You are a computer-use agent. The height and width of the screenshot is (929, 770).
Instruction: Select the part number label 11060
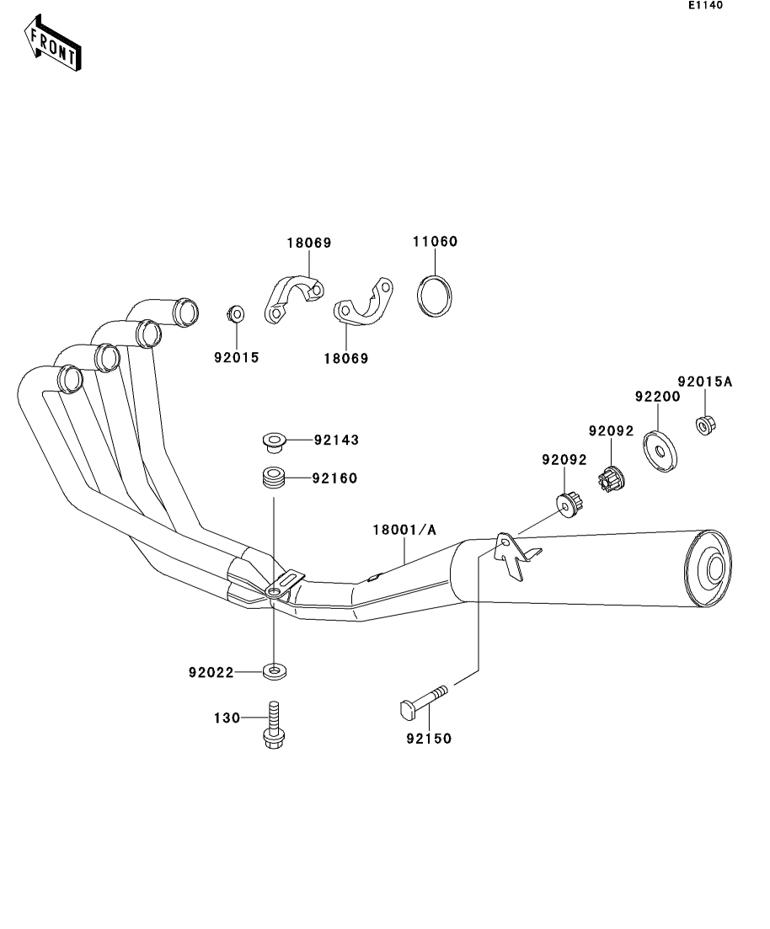pos(435,242)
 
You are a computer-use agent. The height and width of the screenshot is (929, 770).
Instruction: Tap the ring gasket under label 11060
pos(435,296)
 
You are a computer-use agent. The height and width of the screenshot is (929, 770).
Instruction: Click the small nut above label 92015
pos(236,315)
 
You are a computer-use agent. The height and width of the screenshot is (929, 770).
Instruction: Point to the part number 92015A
pos(705,382)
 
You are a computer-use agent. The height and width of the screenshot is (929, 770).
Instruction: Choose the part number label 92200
pos(656,395)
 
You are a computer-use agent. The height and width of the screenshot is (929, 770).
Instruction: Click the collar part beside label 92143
pos(272,440)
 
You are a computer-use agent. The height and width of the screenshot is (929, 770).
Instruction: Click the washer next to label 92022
pos(274,672)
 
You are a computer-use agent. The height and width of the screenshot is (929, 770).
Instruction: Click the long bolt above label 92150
pos(421,702)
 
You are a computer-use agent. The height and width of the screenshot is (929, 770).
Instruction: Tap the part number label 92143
pos(336,440)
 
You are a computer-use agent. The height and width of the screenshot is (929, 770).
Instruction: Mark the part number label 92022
pos(211,672)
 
